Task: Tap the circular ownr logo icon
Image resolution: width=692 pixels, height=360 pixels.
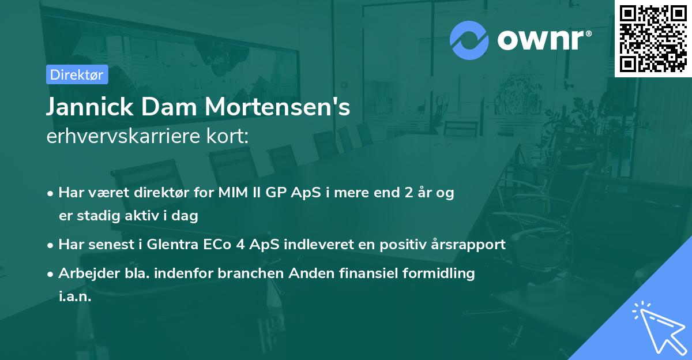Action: pos(469,40)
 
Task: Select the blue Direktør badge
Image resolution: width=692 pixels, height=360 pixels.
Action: pos(77,74)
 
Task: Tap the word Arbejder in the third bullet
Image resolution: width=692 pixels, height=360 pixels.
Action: pos(84,273)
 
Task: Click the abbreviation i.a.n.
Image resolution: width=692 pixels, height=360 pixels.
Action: pos(75,297)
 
